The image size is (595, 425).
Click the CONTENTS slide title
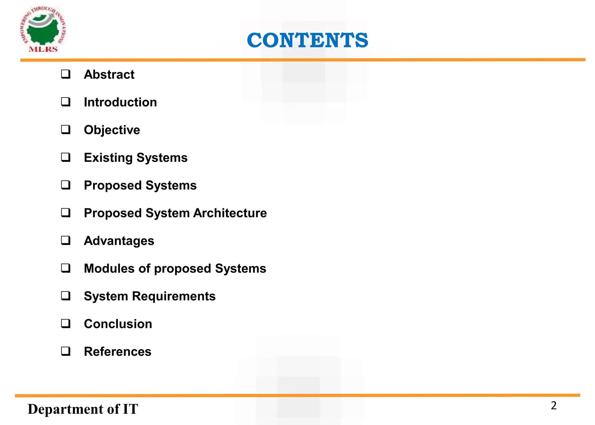coord(307,40)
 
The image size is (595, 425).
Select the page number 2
coord(553,406)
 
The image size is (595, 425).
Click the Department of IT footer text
coord(83,409)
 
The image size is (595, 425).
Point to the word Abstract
coord(109,75)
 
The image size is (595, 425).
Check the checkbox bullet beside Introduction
coord(66,102)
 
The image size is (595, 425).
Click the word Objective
coord(112,130)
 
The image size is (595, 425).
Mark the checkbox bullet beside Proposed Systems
coord(66,185)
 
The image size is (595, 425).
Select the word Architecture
coord(230,213)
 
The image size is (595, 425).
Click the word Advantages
coord(119,241)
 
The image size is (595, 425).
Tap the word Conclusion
coord(118,324)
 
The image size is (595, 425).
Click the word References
coord(117,352)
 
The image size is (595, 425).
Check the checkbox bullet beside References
coord(66,351)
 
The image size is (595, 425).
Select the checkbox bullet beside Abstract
coord(66,74)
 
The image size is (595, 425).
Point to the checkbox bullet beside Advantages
coord(66,241)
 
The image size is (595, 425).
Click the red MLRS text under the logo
coord(43,49)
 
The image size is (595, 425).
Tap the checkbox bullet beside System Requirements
coord(66,296)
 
